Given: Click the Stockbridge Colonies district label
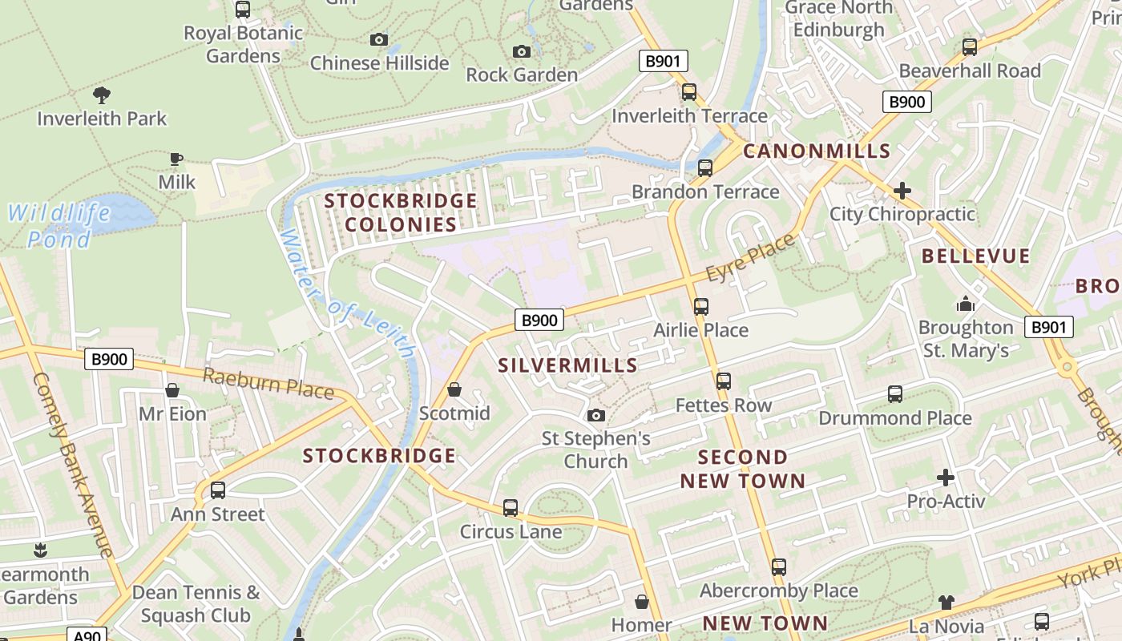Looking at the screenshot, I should (x=401, y=212).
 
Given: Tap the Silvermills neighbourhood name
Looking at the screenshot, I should (x=567, y=365).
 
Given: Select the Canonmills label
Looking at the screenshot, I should (x=817, y=151).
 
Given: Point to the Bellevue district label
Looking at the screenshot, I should (x=975, y=256).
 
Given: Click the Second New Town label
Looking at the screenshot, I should (x=742, y=469).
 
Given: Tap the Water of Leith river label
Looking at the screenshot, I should (x=348, y=296).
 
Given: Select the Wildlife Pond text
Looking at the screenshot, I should (x=59, y=226).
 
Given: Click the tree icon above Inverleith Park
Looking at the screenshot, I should (x=102, y=95).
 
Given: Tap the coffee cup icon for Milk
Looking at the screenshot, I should (x=176, y=159).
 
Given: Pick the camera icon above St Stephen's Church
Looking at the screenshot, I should (x=595, y=415).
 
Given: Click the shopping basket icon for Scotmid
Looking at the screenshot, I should (x=454, y=389).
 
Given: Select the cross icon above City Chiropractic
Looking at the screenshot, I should (x=902, y=191).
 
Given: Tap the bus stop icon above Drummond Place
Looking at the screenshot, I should (x=895, y=394).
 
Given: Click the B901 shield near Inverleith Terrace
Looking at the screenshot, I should (x=664, y=61).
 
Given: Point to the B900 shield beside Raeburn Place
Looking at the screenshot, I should (x=109, y=359).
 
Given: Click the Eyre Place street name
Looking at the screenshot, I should (x=752, y=258).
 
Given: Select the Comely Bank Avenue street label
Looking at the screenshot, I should (x=73, y=465).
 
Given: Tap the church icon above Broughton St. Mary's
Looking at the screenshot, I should (x=966, y=304).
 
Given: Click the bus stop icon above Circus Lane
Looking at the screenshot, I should (x=511, y=508).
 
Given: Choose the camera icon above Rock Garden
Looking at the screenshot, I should (x=522, y=52).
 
